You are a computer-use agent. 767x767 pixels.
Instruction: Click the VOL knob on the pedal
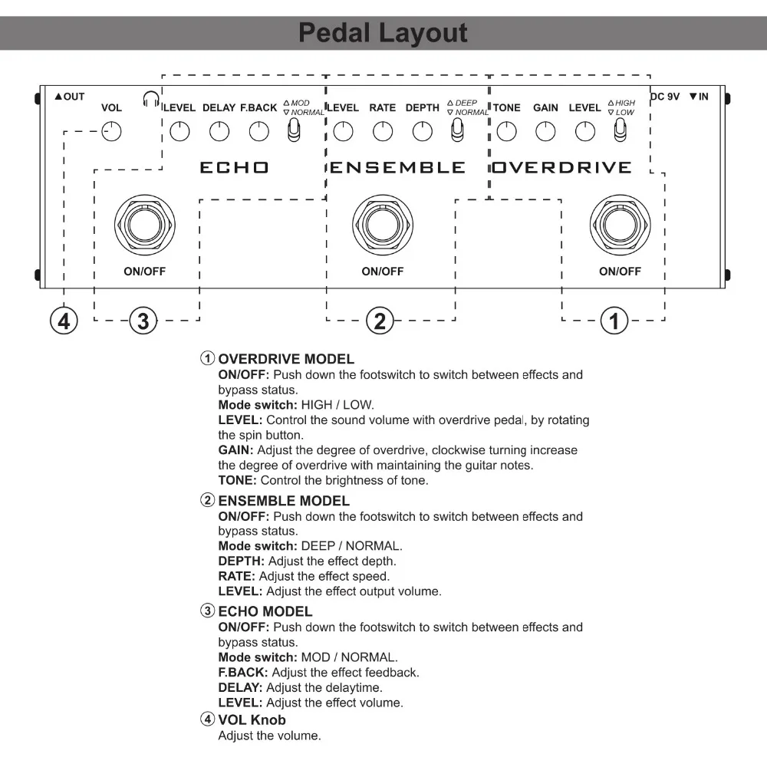point(112,131)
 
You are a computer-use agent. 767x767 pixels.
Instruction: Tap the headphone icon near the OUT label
point(151,99)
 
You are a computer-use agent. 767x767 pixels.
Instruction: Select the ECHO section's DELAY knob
point(219,131)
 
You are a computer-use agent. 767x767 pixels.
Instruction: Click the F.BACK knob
point(259,131)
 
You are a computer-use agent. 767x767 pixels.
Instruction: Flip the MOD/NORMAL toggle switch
point(292,131)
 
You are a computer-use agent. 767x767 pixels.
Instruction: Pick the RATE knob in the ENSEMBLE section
point(383,131)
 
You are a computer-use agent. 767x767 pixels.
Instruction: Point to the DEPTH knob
point(423,131)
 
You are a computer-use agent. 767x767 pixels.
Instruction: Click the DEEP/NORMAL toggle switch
point(456,131)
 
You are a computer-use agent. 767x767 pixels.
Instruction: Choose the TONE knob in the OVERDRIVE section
point(506,131)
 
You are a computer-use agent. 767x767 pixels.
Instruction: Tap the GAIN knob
point(545,131)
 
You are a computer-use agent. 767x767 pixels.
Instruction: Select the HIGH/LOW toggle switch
point(618,131)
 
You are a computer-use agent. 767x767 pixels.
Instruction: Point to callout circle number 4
point(64,320)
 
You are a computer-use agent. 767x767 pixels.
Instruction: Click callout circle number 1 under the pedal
point(614,320)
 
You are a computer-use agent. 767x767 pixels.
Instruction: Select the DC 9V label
point(665,97)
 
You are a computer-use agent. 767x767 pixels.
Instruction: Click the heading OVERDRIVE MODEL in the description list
point(286,359)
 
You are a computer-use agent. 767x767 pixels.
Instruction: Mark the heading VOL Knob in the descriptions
point(252,720)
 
